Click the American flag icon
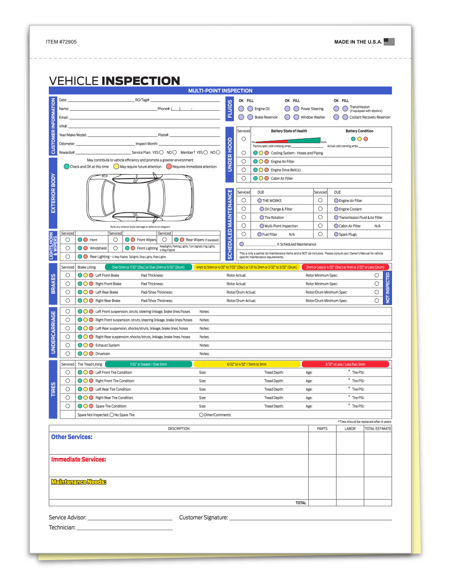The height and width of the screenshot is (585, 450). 389,42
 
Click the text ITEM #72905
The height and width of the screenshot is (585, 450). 61,42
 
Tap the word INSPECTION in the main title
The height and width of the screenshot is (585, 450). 141,81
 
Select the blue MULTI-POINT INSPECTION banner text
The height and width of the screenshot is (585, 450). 220,91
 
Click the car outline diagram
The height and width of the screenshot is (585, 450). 140,198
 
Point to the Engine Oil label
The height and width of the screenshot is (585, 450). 262,109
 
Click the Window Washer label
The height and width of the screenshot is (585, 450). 313,117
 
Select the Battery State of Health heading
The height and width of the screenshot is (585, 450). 289,131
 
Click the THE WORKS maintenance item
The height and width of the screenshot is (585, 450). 272,201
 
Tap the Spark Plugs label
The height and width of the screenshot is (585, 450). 348,234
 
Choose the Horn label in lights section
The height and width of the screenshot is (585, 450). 94,240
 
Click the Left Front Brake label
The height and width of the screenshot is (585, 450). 107,276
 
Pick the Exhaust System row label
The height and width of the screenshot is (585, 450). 107,345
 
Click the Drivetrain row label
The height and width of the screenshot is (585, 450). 103,354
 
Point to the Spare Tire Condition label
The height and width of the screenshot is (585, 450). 111,406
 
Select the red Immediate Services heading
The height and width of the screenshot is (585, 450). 79,459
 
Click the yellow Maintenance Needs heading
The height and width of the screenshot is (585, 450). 79,482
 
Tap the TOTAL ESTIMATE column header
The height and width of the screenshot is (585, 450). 378,429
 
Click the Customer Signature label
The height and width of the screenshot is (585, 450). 203,517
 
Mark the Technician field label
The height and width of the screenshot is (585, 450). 62,527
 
